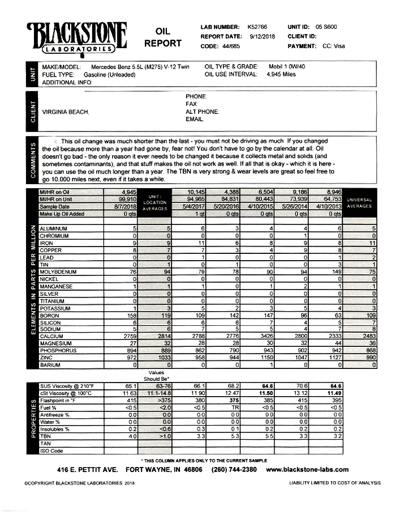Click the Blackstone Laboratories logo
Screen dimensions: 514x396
(76, 37)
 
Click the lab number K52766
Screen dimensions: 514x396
(257, 27)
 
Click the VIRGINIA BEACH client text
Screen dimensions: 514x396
(66, 112)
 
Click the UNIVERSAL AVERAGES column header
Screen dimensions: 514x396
(359, 203)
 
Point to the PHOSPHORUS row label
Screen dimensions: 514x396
(58, 351)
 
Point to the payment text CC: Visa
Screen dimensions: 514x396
(333, 46)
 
